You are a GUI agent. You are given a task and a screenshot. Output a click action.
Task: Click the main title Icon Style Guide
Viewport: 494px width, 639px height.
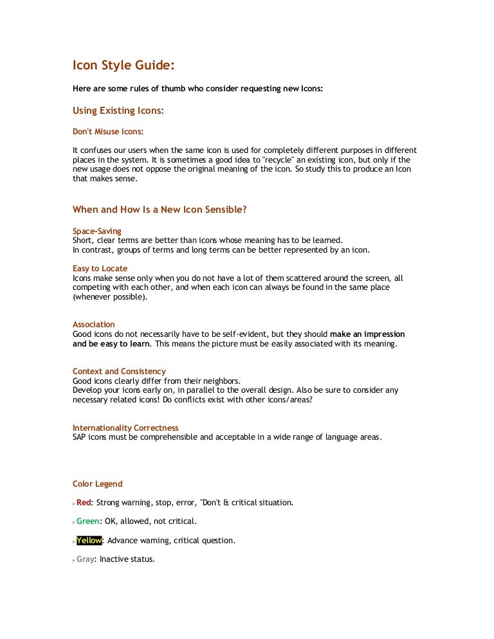click(x=123, y=66)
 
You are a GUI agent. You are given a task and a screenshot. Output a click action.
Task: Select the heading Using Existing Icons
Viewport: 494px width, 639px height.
click(x=118, y=111)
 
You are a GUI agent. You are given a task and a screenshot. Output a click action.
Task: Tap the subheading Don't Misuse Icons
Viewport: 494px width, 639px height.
click(x=107, y=131)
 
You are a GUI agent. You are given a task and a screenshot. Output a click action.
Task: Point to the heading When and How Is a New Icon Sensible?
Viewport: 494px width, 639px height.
click(x=160, y=210)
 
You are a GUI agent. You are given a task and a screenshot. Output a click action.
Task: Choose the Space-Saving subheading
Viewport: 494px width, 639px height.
click(x=96, y=231)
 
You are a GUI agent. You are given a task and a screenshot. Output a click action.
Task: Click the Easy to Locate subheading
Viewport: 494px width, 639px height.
click(x=100, y=268)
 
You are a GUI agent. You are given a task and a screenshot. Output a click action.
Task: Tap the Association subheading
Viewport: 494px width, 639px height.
click(x=93, y=325)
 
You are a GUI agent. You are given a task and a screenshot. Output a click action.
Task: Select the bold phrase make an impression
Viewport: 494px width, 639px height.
click(x=367, y=334)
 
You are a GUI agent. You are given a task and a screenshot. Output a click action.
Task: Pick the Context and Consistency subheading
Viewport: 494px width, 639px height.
click(x=119, y=372)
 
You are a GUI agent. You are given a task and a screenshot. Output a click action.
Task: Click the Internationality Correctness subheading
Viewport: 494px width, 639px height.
click(x=125, y=428)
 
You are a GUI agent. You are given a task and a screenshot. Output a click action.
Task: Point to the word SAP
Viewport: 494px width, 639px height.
click(x=80, y=438)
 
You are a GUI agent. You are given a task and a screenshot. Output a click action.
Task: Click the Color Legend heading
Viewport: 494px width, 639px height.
click(x=97, y=484)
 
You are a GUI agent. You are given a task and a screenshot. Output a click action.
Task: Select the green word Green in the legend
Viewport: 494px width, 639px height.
click(x=88, y=521)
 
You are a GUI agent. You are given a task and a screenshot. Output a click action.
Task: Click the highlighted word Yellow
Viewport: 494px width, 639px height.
click(x=89, y=541)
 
